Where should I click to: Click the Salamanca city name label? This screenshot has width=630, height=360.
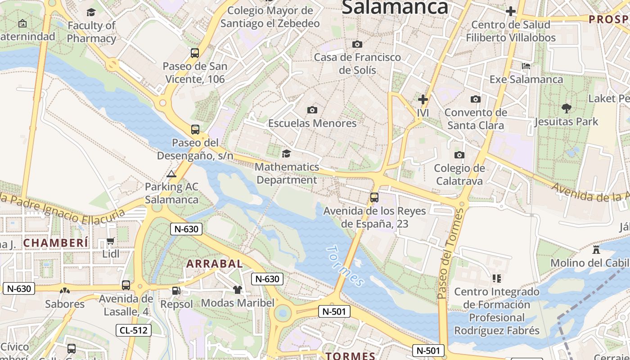click(395, 7)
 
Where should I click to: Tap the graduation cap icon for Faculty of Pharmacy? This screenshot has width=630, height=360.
click(91, 12)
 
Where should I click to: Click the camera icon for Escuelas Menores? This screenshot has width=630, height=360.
click(312, 110)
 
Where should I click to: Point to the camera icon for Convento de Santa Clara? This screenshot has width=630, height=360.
click(475, 99)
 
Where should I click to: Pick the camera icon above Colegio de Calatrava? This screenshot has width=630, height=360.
click(459, 155)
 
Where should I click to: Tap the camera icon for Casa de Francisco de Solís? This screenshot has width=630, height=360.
click(357, 44)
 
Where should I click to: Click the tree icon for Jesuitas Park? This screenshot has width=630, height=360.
click(566, 108)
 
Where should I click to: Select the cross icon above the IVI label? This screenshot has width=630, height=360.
click(423, 99)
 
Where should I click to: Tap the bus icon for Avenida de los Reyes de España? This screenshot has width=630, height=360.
click(374, 197)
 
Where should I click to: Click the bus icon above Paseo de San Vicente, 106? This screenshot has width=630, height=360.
click(195, 53)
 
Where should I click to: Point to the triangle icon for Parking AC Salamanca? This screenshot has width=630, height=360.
click(171, 174)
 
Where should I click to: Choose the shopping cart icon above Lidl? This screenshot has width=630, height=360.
click(111, 241)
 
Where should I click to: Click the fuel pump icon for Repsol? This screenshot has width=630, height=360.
click(176, 291)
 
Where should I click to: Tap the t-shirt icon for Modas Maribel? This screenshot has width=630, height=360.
click(237, 290)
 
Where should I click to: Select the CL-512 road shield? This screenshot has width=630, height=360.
click(134, 330)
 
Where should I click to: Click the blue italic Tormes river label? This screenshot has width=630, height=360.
click(346, 266)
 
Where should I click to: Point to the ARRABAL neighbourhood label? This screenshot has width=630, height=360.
click(214, 264)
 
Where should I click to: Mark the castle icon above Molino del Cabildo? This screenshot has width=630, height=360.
click(596, 249)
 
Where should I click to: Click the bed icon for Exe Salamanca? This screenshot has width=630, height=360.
click(526, 66)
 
